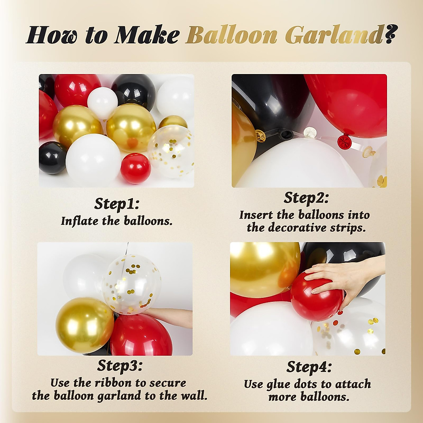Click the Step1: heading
tap(117, 204)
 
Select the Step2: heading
tap(306, 198)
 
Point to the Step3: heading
tap(119, 366)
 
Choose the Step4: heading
tap(309, 367)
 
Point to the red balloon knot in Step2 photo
tap(343, 141)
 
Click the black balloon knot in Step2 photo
tap(285, 135)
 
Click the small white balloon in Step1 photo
tap(102, 102)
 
